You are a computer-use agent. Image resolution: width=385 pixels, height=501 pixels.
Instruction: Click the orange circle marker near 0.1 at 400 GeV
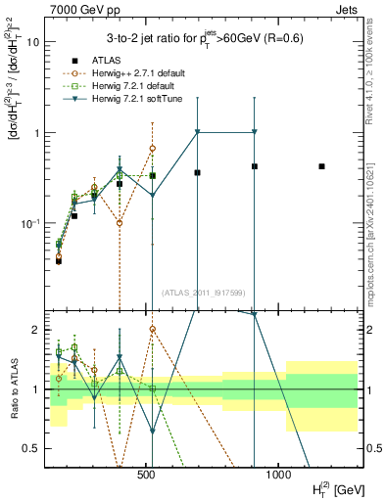coord(120,223)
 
